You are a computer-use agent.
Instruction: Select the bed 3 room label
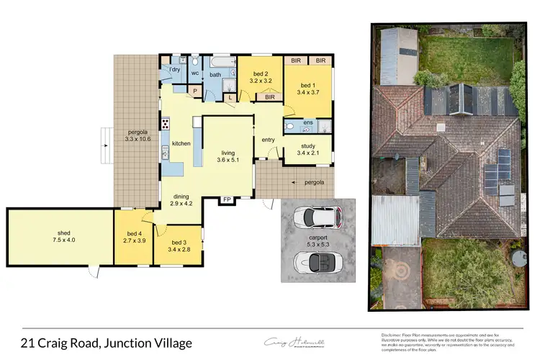pyautogui.click(x=180, y=242)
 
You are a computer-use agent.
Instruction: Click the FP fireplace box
pyautogui.click(x=227, y=199)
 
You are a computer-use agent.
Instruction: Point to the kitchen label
pyautogui.click(x=181, y=144)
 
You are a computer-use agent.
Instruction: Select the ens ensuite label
pyautogui.click(x=307, y=124)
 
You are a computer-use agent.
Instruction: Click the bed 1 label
pyautogui.click(x=307, y=85)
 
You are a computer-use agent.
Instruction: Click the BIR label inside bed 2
pyautogui.click(x=270, y=96)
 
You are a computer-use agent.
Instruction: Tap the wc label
pyautogui.click(x=194, y=73)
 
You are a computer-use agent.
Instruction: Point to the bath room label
pyautogui.click(x=215, y=74)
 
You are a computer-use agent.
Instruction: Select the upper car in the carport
pyautogui.click(x=316, y=216)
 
